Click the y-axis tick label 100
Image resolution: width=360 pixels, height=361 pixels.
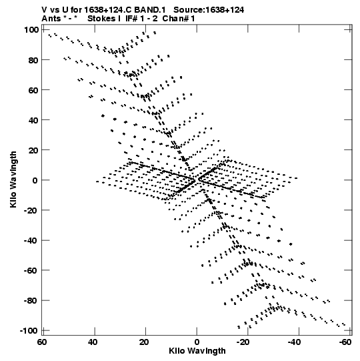pos(31,30)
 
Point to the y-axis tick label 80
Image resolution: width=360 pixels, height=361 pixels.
pos(33,60)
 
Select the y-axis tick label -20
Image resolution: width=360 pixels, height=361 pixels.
pos(31,210)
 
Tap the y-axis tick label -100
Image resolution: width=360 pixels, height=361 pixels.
pos(29,331)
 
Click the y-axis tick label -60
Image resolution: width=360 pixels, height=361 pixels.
pos(31,270)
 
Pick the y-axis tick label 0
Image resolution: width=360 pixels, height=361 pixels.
pos(35,180)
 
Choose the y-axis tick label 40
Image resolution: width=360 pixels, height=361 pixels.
pos(33,120)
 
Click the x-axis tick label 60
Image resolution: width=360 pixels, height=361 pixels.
pos(42,342)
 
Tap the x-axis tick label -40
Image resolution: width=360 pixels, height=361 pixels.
pos(294,342)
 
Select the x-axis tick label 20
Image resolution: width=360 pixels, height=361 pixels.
pos(144,342)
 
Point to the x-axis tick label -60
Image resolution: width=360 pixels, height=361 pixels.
pos(345,342)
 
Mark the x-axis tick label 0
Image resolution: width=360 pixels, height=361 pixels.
pos(197,342)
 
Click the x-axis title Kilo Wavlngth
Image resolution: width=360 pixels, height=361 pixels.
pos(197,351)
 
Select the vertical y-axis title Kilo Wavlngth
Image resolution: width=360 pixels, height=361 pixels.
pos(13,179)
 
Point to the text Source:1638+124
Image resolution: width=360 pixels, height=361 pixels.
pos(209,10)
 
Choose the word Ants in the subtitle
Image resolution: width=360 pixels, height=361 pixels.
pos(51,19)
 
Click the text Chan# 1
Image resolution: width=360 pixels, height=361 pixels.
pos(179,19)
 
